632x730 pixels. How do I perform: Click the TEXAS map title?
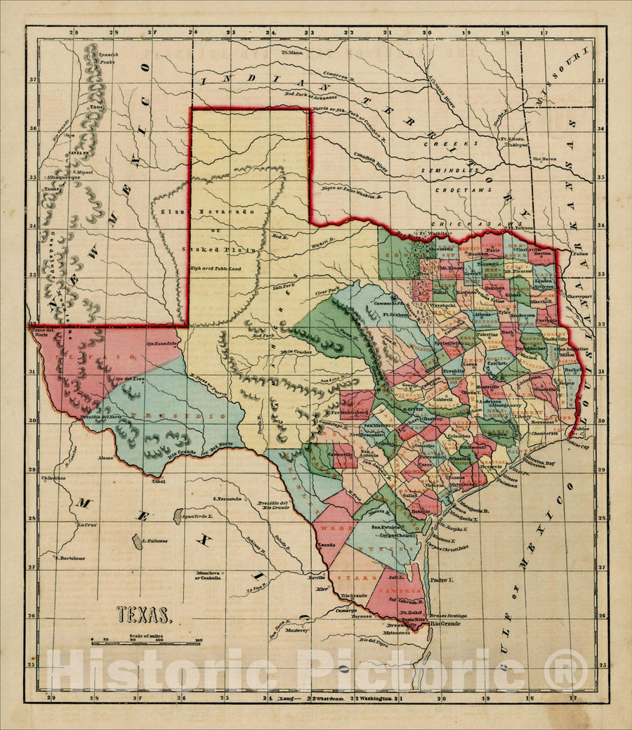point(143,615)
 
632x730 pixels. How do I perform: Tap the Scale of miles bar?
point(145,643)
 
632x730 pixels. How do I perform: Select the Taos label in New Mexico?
point(96,107)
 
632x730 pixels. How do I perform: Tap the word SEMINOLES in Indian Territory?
point(449,171)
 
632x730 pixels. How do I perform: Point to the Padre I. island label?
point(442,580)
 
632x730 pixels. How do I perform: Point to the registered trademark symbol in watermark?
point(562,670)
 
